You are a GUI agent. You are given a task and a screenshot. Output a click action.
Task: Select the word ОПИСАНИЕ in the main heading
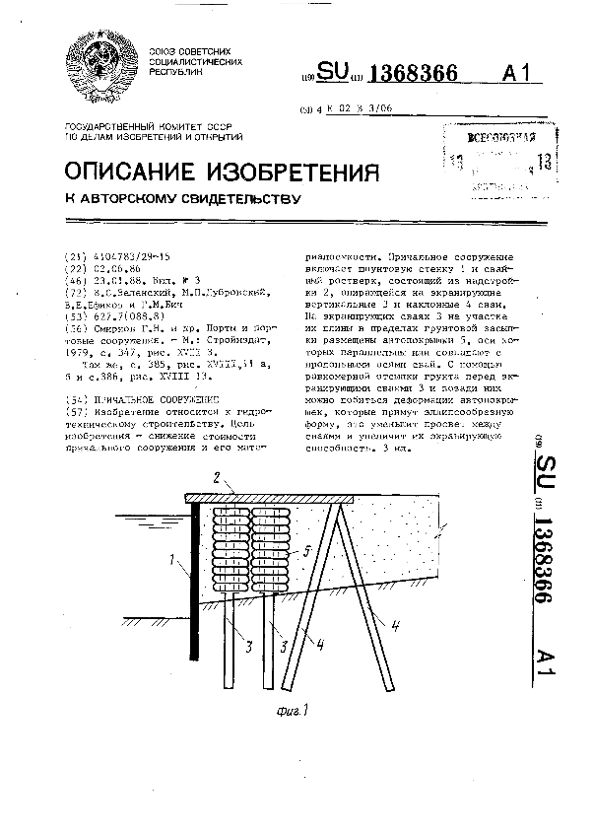pyautogui.click(x=136, y=174)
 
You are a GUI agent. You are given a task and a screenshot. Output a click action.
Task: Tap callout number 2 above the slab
pyautogui.click(x=228, y=479)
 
